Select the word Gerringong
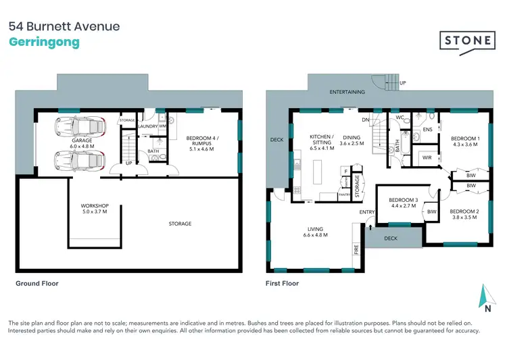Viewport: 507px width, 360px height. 44,43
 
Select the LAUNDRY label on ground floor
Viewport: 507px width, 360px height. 147,126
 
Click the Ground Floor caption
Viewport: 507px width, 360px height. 37,284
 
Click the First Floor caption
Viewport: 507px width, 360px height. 283,284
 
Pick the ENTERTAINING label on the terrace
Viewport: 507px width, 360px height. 347,92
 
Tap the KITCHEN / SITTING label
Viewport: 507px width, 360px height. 321,140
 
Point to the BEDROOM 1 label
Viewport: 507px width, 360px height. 465,139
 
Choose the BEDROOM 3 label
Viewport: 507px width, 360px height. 403,200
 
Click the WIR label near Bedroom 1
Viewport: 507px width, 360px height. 427,157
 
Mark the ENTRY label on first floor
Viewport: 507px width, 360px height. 367,212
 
